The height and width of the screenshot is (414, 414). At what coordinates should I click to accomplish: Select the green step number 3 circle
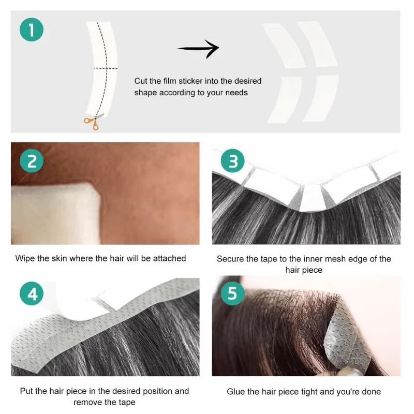[x=233, y=162]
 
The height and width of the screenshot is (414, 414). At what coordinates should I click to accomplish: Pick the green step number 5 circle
[x=233, y=294]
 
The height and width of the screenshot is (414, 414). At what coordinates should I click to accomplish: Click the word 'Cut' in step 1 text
[x=141, y=81]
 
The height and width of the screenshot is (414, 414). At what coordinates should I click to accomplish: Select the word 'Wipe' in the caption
[x=25, y=258]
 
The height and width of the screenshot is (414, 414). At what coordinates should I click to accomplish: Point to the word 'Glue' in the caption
[x=236, y=391]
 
